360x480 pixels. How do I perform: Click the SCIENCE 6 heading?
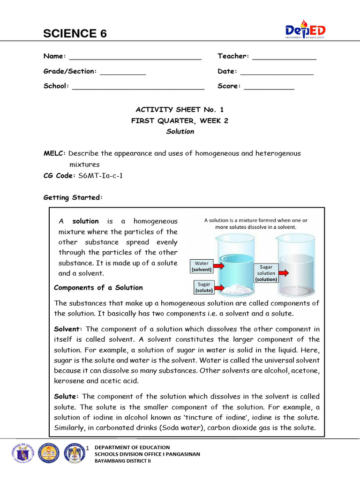[75, 33]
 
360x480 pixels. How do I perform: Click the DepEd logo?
[305, 30]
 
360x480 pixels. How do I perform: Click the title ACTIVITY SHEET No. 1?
[180, 110]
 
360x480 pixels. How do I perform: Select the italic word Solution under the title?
[180, 132]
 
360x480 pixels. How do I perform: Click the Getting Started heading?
[73, 198]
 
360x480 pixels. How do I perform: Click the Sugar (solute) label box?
[204, 287]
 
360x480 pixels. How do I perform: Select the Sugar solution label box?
[266, 273]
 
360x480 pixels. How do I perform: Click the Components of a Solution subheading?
[98, 288]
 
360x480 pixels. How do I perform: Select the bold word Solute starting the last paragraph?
[67, 397]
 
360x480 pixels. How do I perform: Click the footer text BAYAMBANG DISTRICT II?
[123, 461]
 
